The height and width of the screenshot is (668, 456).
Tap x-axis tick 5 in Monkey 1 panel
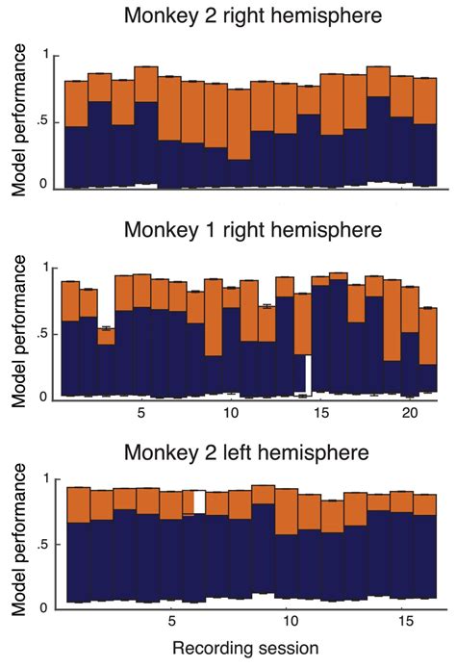[x=141, y=413]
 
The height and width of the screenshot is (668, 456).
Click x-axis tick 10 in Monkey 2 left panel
[x=287, y=623]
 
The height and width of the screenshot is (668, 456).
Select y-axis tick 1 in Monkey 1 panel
[x=42, y=267]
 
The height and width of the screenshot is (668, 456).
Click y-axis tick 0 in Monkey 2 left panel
[x=42, y=607]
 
